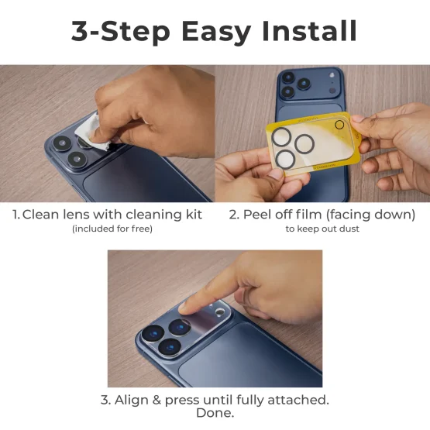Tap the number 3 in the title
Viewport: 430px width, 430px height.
point(81,32)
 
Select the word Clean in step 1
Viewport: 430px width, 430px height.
point(41,215)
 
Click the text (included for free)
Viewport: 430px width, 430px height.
point(112,229)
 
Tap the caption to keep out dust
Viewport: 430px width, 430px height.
point(322,229)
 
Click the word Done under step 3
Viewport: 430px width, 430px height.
point(215,413)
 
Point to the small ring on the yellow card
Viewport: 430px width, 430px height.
point(339,125)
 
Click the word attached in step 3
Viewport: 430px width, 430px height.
point(298,400)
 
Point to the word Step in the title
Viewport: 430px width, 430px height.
point(132,32)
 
